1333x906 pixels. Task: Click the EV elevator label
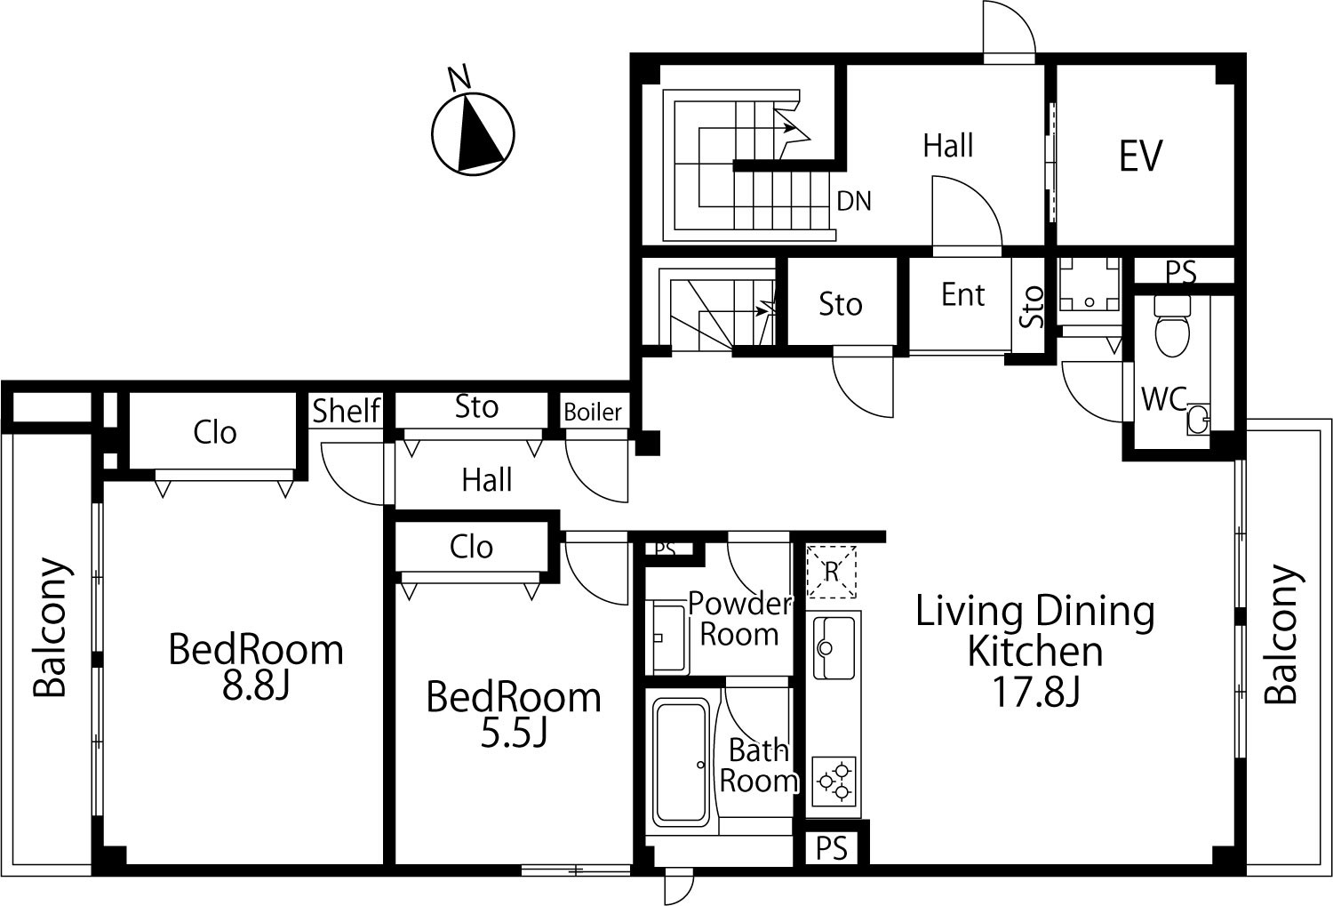point(1140,156)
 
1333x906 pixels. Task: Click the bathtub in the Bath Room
point(682,762)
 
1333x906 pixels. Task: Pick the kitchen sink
point(834,647)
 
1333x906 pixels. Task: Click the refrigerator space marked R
point(831,572)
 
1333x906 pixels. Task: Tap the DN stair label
point(854,201)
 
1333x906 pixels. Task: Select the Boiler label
point(593,412)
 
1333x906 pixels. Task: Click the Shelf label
point(346,411)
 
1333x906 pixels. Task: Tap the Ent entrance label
point(962,294)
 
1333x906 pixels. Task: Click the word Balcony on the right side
point(1281,635)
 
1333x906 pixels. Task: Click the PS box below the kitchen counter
point(832,849)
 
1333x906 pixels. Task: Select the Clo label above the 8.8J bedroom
point(215,433)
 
